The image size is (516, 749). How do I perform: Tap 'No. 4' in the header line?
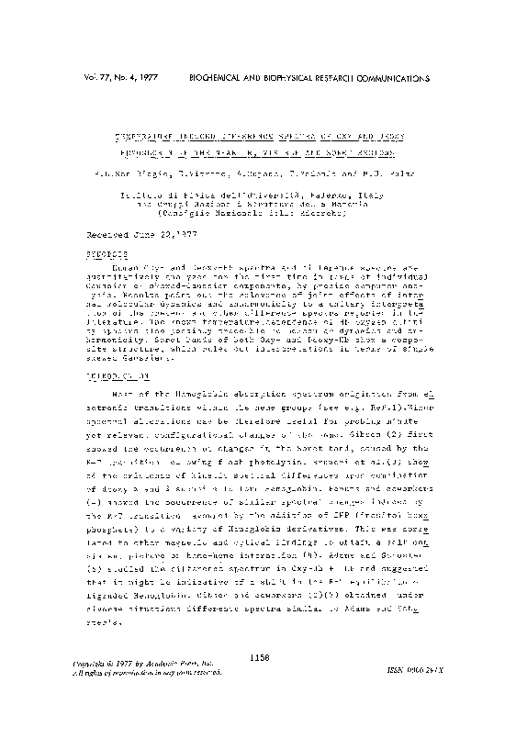134,81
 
